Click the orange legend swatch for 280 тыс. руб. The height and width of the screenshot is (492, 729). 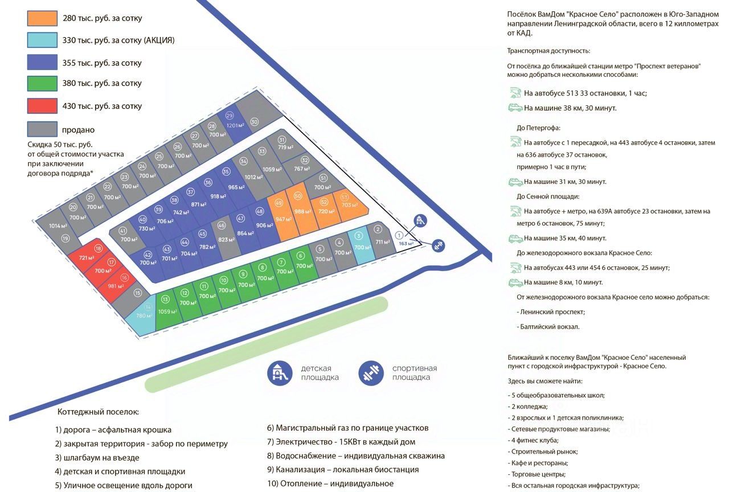click(x=42, y=18)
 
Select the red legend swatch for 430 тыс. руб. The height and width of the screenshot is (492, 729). click(x=42, y=106)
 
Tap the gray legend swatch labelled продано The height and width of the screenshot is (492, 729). click(x=42, y=129)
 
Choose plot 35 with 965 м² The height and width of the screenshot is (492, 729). click(x=231, y=181)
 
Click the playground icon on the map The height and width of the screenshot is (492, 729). click(x=420, y=220)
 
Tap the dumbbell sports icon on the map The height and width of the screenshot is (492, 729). click(x=438, y=245)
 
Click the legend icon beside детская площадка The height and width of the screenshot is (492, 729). click(x=279, y=373)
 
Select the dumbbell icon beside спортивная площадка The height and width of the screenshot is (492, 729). click(x=371, y=373)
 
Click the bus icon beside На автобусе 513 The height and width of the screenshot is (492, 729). click(x=515, y=93)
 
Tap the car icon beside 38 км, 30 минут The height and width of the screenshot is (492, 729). click(x=515, y=108)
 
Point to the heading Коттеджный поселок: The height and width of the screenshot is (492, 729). click(x=98, y=412)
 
